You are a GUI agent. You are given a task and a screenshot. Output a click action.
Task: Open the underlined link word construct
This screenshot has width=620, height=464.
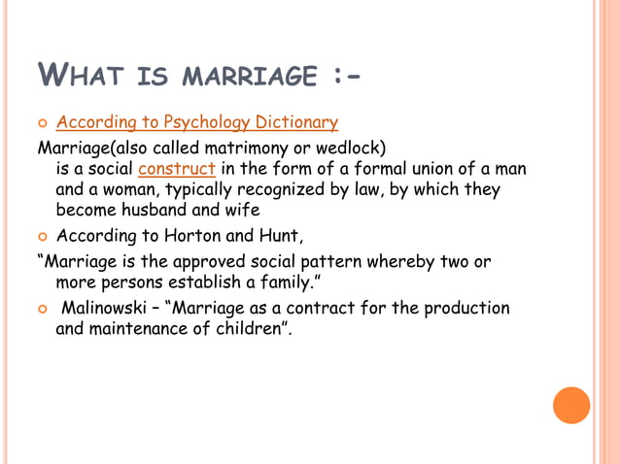click(x=177, y=169)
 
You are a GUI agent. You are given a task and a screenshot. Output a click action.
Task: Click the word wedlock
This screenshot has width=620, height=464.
click(x=351, y=149)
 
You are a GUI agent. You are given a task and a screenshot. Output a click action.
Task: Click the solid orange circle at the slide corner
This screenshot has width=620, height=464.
click(x=571, y=405)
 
